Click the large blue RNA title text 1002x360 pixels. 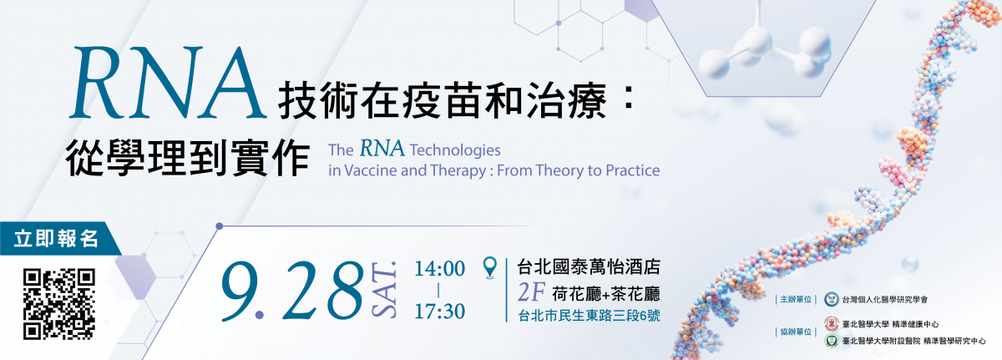(x=168, y=84)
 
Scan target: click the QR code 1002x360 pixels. (x=59, y=304)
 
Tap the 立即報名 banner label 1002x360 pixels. (x=56, y=238)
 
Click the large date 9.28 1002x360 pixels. (x=291, y=291)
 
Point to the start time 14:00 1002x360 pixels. (x=440, y=269)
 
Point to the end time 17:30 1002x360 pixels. (x=440, y=311)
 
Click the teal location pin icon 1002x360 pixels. (x=490, y=267)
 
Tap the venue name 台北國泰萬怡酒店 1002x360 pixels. (x=589, y=267)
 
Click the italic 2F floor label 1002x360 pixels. (x=531, y=293)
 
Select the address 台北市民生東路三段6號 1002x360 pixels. (x=589, y=316)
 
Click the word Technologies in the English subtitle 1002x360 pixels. (x=455, y=150)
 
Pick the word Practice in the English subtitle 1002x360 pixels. (x=633, y=170)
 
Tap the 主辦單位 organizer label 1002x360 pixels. (x=796, y=299)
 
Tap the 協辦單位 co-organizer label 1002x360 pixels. (x=796, y=332)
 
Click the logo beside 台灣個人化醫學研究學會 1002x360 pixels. (x=831, y=299)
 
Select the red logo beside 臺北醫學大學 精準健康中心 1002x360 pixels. (x=831, y=324)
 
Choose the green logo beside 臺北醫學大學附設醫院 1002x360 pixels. (x=831, y=341)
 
